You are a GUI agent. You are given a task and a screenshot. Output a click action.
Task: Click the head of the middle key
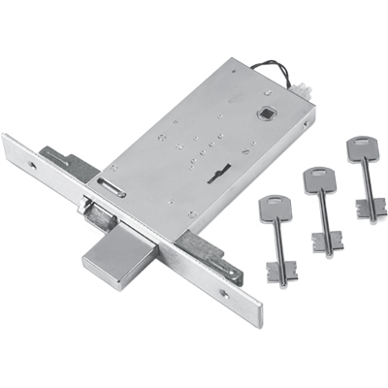315,178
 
